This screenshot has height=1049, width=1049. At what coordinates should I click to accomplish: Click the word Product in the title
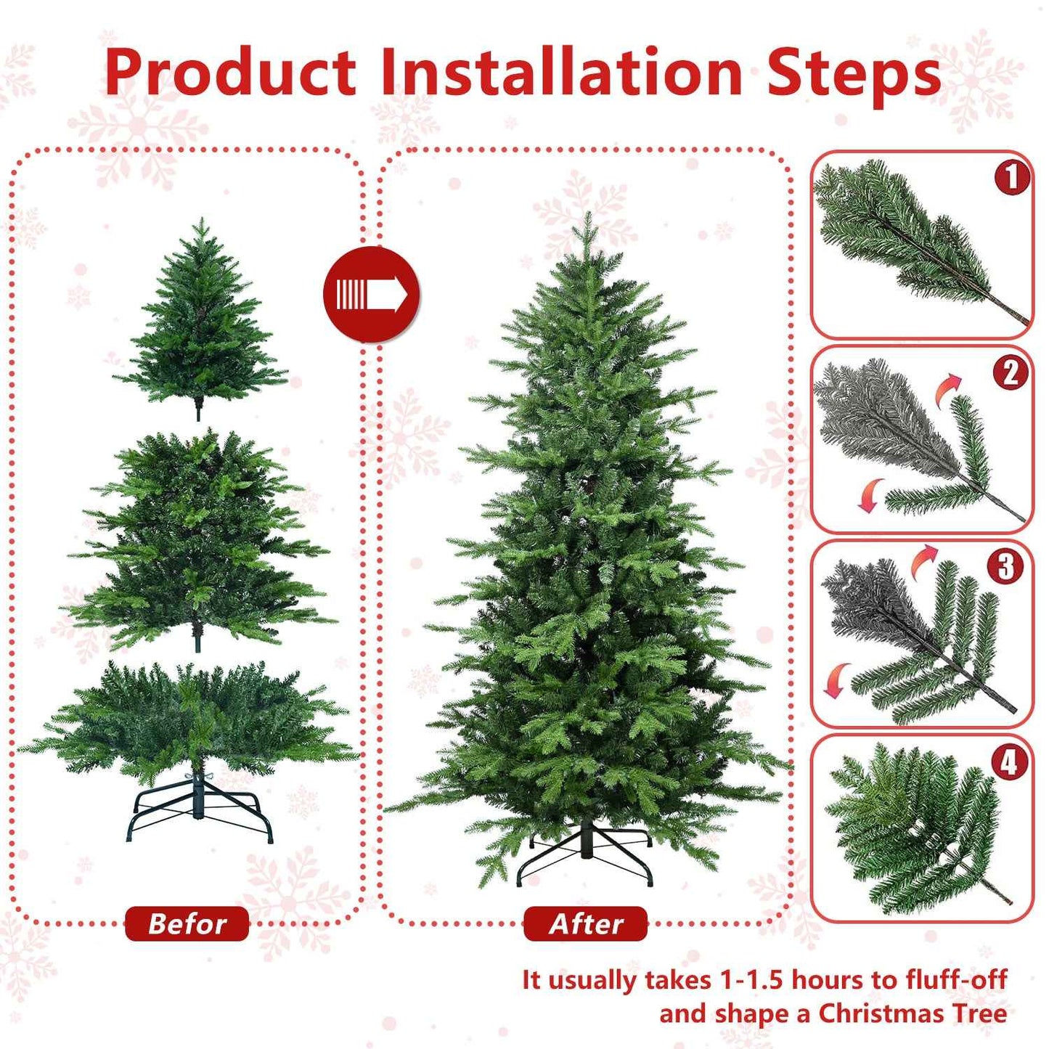[x=230, y=73]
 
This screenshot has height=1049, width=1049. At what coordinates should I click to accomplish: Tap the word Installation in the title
[x=561, y=73]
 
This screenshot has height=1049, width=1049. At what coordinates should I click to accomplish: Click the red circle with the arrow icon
[x=371, y=294]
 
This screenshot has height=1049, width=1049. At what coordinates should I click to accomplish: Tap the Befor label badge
[x=187, y=923]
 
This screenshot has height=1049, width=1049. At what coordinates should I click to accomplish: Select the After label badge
[x=585, y=923]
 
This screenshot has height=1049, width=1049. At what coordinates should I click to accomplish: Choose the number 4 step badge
[x=1009, y=762]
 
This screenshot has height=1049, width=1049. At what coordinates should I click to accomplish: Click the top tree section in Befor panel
[x=200, y=319]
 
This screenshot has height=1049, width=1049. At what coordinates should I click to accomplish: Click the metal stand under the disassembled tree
[x=200, y=809]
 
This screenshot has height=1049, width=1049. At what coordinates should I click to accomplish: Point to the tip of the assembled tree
[x=587, y=218]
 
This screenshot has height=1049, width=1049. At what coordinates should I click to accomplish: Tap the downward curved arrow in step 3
[x=837, y=679]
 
